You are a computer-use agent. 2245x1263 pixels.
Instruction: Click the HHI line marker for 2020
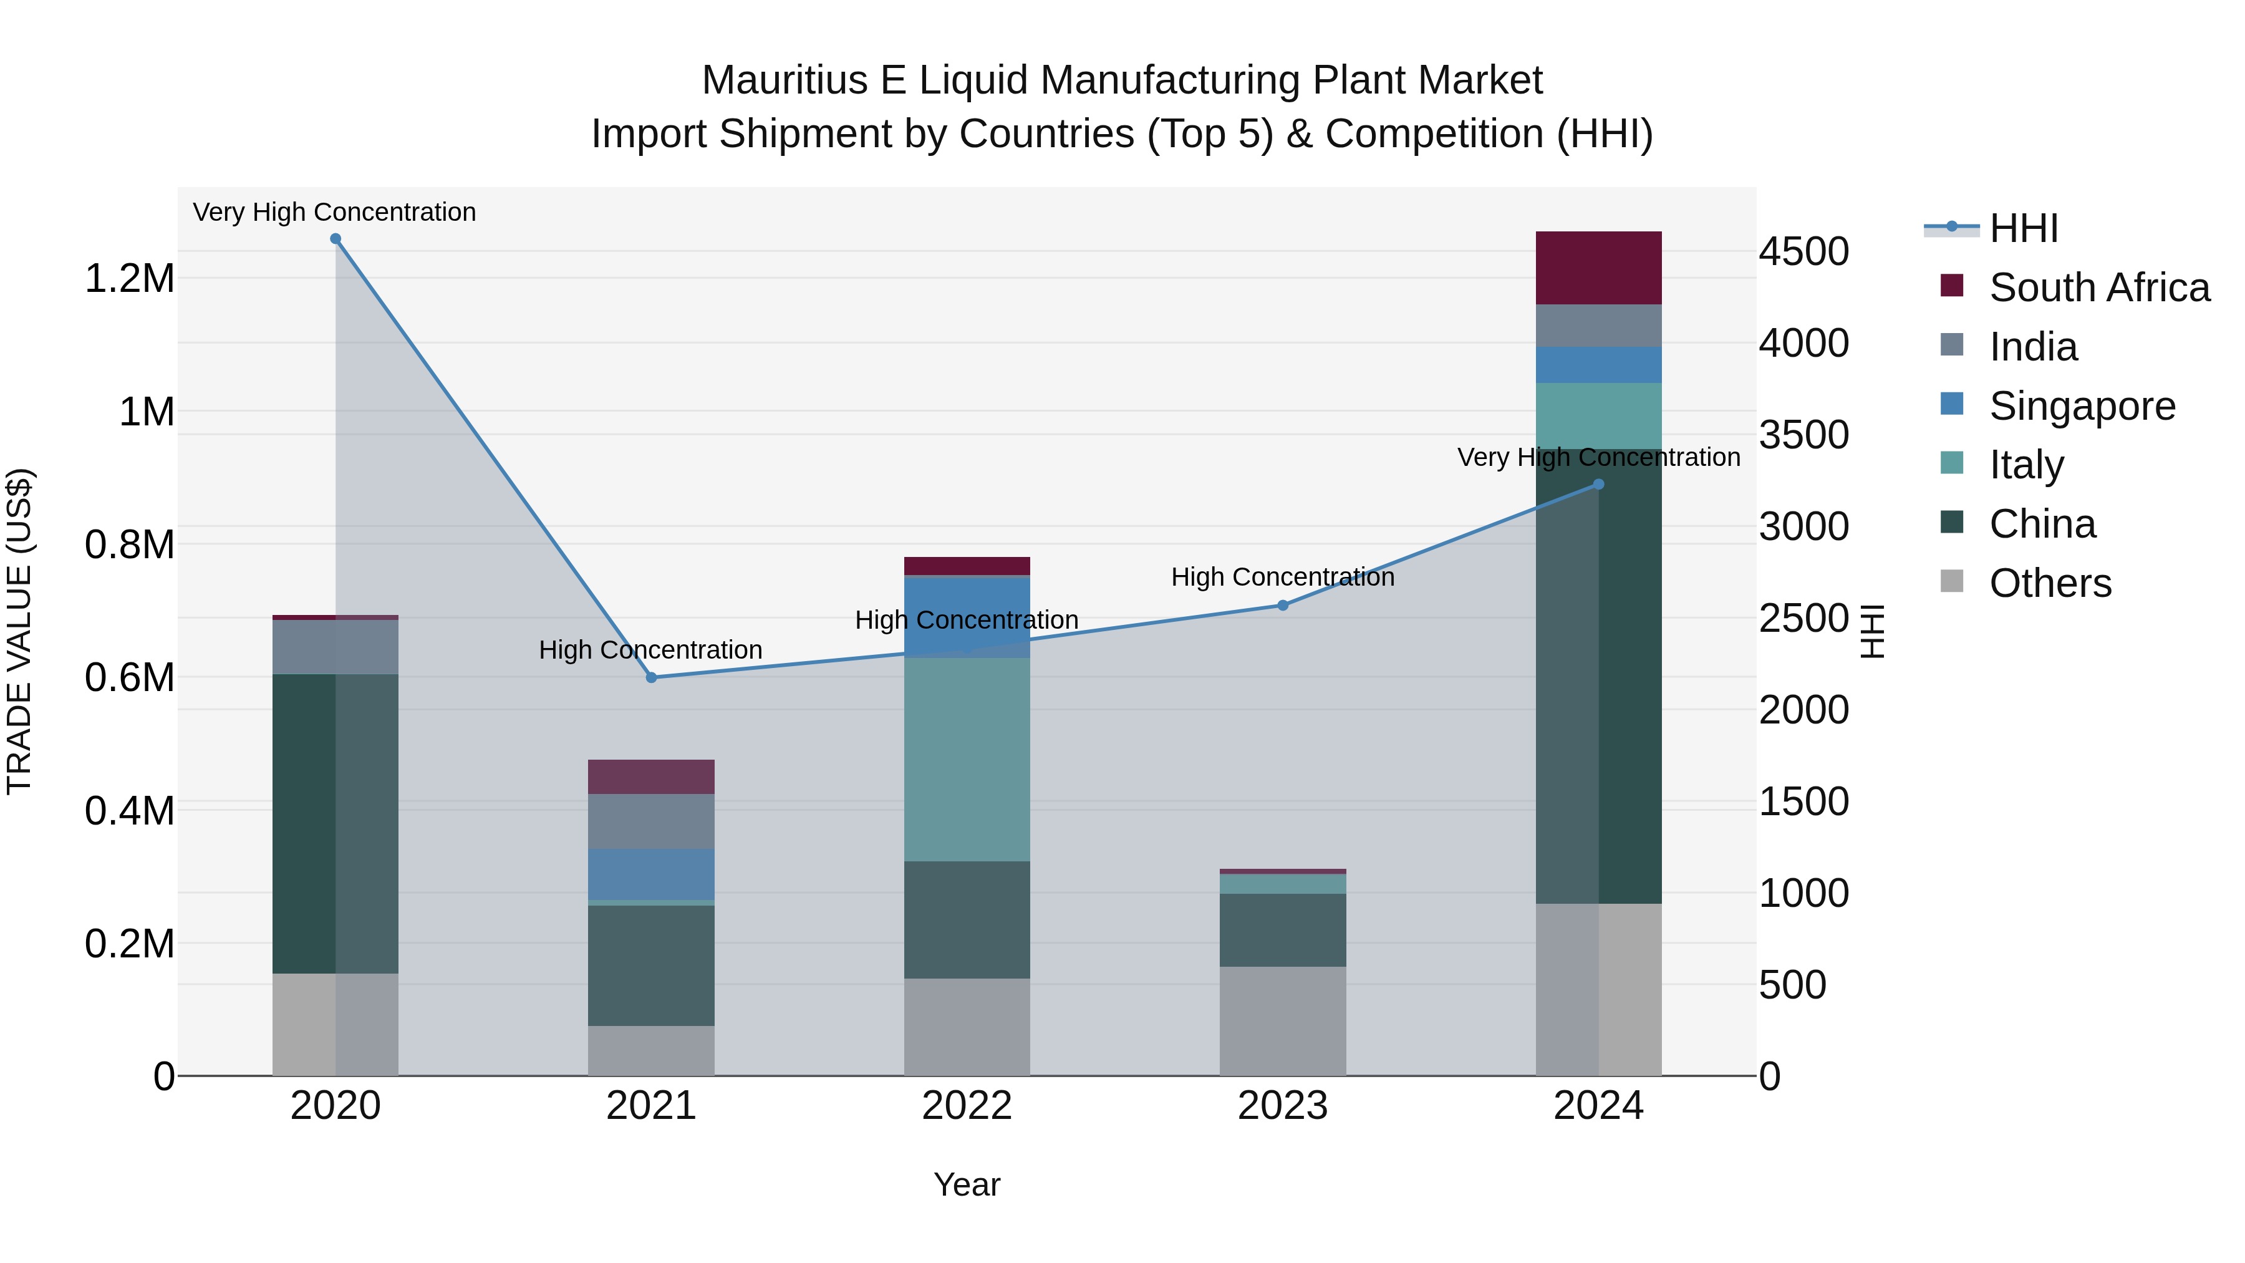point(336,239)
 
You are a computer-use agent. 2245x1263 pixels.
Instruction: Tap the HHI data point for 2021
point(651,677)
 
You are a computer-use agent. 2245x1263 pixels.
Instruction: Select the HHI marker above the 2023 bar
point(1282,605)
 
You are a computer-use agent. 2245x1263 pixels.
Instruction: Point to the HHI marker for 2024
point(1598,485)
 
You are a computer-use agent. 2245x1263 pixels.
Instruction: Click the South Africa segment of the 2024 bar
point(1598,268)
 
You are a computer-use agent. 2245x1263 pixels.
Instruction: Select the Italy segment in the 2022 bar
point(967,758)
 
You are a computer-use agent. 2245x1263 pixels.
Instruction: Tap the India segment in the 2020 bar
point(336,647)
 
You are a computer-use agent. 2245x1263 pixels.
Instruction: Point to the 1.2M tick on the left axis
point(129,279)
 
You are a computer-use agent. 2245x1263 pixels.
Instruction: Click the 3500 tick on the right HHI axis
point(1803,435)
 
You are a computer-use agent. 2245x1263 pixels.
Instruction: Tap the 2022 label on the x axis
point(967,1106)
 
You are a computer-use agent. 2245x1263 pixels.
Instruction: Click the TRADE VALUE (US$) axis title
point(19,631)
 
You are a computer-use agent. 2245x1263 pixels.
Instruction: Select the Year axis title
point(967,1184)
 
